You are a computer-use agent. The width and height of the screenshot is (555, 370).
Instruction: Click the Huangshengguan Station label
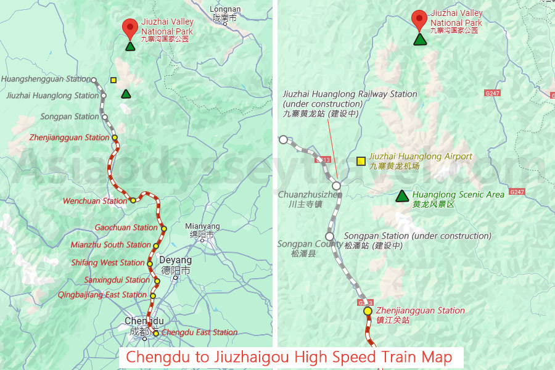click(46, 79)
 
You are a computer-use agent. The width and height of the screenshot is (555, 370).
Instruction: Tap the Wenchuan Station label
click(95, 201)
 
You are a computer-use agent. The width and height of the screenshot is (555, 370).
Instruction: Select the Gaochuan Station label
click(126, 228)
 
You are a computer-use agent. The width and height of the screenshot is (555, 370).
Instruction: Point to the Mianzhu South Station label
click(110, 245)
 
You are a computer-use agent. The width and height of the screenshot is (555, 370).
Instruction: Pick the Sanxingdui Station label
click(117, 280)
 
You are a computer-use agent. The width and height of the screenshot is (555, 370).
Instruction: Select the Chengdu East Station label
click(199, 332)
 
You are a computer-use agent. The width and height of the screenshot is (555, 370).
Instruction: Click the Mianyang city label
click(202, 230)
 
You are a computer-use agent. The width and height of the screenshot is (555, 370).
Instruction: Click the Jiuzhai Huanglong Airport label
click(421, 161)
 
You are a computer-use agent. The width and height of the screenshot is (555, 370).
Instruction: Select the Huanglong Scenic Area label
click(458, 199)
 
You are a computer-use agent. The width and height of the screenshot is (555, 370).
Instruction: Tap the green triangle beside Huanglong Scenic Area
click(402, 196)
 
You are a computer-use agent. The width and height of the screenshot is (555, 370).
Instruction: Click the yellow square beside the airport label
click(361, 161)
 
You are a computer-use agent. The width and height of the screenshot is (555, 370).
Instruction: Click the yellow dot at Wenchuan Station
click(133, 200)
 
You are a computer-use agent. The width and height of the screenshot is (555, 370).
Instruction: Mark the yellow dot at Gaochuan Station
click(164, 229)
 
